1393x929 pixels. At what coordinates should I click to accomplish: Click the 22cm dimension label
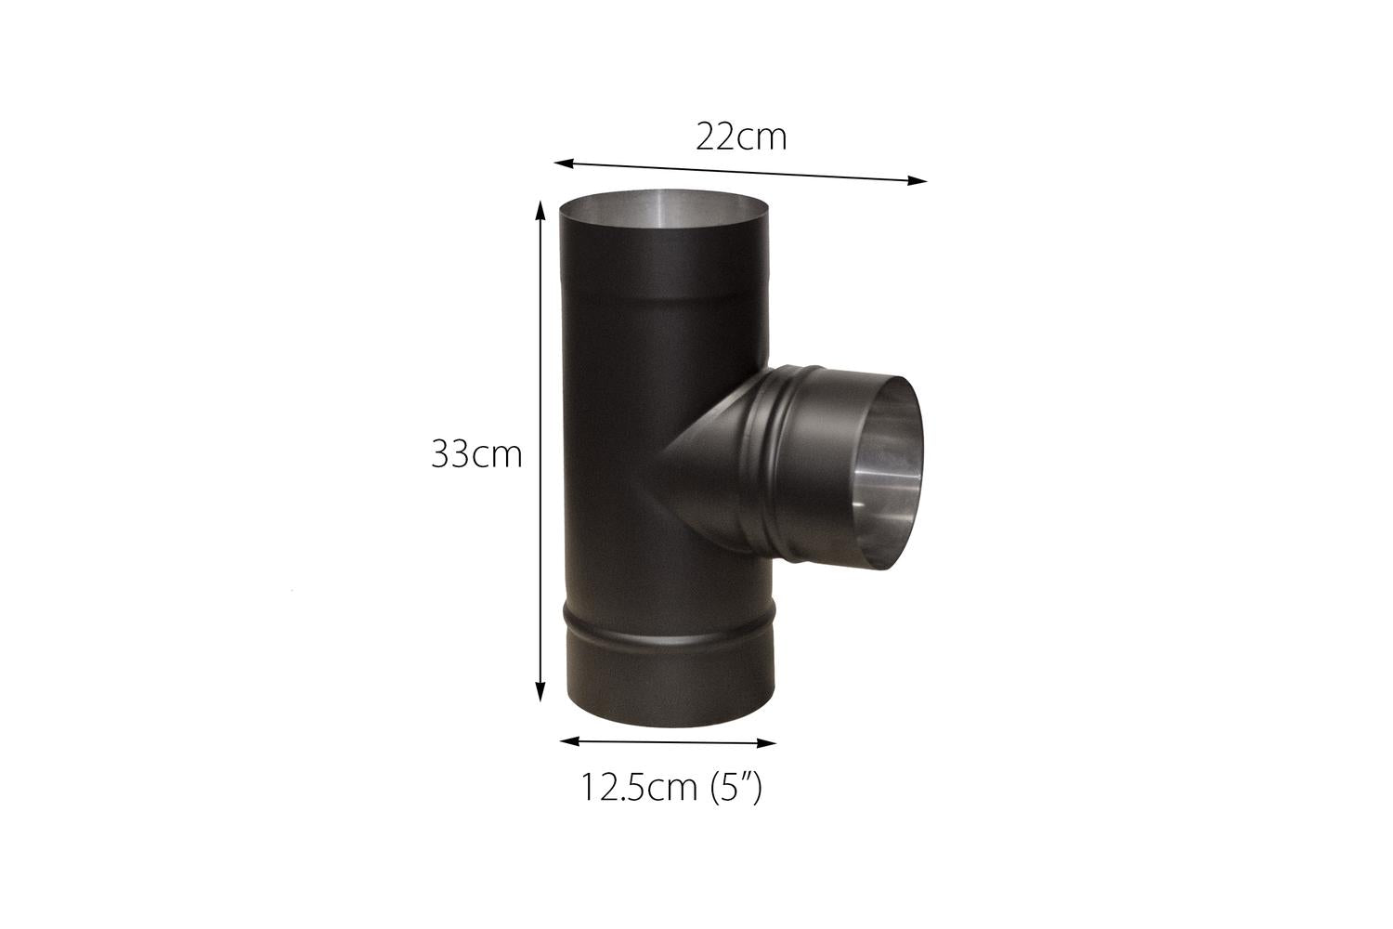pyautogui.click(x=741, y=137)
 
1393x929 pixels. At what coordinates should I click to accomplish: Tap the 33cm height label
pyautogui.click(x=477, y=454)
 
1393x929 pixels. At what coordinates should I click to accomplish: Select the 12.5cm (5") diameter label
pyautogui.click(x=671, y=787)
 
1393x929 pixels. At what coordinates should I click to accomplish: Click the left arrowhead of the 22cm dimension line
pyautogui.click(x=564, y=164)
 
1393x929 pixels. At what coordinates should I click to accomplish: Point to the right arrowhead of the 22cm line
pyautogui.click(x=918, y=181)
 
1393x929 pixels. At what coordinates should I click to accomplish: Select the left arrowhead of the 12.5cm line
pyautogui.click(x=569, y=741)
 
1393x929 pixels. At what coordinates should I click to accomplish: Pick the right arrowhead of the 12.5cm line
pyautogui.click(x=766, y=742)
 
